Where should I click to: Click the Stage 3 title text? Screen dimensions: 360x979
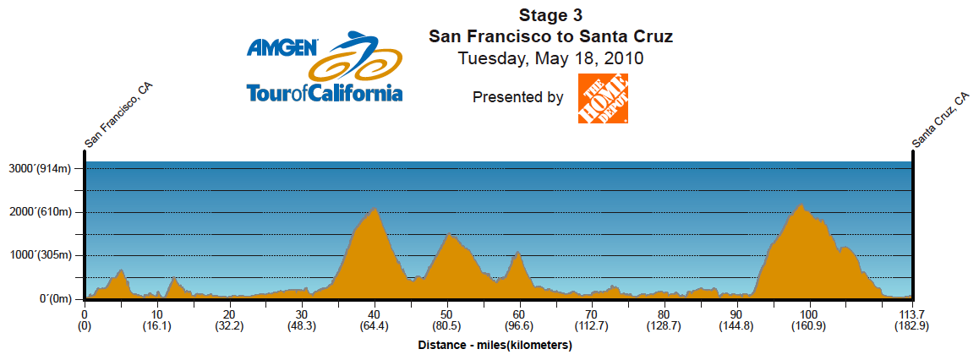550,15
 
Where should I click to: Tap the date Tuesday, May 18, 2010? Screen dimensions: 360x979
550,59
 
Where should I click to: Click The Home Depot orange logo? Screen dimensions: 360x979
603,98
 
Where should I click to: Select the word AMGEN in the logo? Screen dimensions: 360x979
282,47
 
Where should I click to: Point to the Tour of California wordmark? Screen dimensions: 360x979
324,92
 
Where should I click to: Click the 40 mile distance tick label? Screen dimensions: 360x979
374,314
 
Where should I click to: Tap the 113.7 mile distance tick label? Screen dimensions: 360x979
912,314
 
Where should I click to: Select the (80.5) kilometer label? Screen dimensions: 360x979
446,325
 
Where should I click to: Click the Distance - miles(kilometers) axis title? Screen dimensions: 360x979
495,346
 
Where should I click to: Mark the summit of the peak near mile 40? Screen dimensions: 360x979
373,208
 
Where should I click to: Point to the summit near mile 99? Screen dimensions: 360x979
801,205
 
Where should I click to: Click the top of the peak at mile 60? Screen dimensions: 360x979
517,253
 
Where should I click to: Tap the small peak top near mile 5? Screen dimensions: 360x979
122,270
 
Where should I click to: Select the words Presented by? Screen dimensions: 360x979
517,97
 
